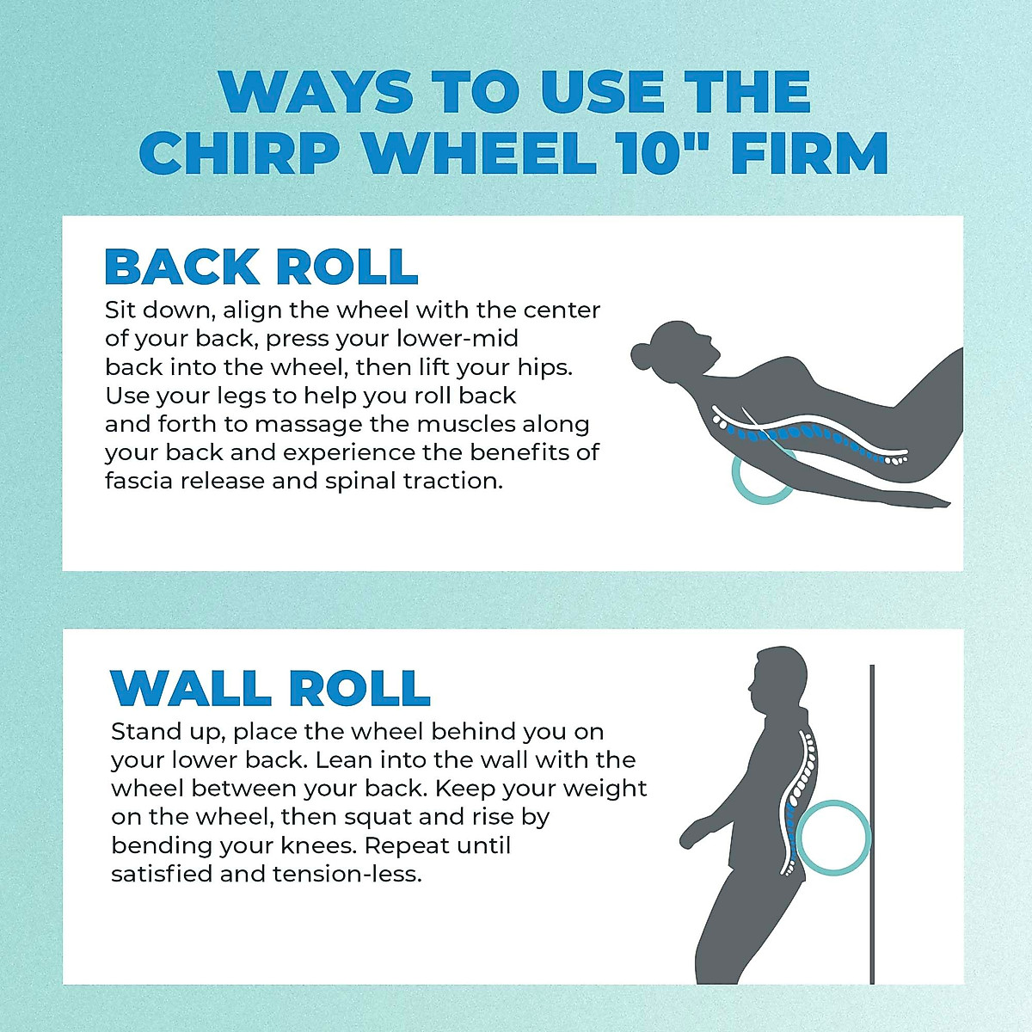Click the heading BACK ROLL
click(261, 267)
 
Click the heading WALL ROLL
click(270, 688)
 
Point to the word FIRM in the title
click(809, 153)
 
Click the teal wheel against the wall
click(832, 838)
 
